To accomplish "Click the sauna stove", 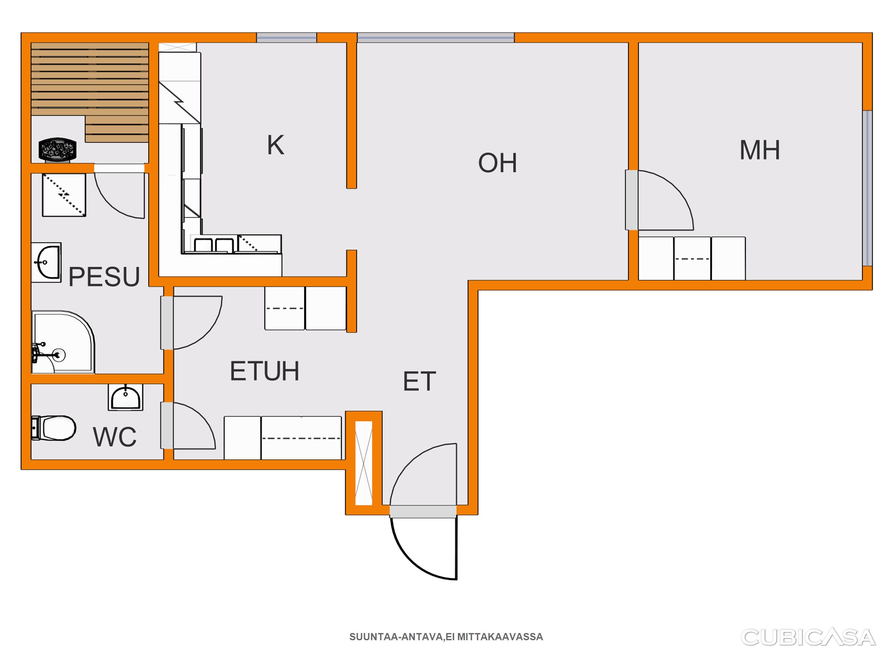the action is [x=58, y=150].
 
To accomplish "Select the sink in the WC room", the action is [x=126, y=397].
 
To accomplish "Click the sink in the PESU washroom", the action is [x=46, y=262].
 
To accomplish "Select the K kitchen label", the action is [x=276, y=145].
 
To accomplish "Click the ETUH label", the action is [x=264, y=371].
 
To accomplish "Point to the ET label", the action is [x=419, y=381].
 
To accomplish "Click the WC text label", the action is [x=115, y=436].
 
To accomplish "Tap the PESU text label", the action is [x=104, y=277].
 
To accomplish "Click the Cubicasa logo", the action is [x=809, y=637].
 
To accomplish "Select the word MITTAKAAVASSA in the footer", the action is [x=500, y=637].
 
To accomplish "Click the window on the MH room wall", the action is [x=867, y=188].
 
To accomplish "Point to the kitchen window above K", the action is [x=287, y=38].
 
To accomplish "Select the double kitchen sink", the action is [x=214, y=245].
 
